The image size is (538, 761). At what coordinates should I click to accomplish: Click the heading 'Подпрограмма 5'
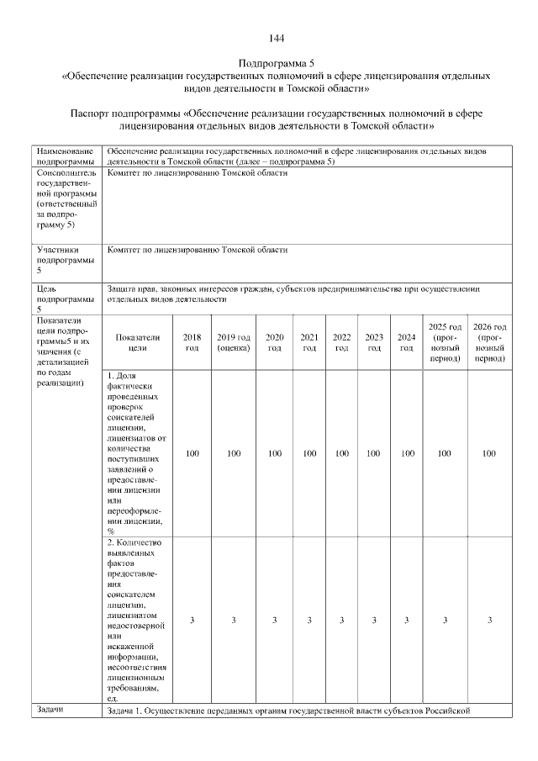point(277,63)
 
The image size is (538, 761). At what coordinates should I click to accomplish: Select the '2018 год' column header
point(192,341)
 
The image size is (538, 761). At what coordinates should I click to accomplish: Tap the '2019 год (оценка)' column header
point(234,341)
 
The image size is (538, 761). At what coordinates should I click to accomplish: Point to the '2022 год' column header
point(341,341)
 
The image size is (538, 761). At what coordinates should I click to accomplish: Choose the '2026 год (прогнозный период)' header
point(489,341)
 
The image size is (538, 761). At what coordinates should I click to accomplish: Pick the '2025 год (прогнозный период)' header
point(445,341)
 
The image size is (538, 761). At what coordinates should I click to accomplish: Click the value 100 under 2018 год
point(192,453)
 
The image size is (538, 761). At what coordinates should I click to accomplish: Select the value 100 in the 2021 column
point(309,453)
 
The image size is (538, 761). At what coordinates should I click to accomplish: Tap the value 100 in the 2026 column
point(489,453)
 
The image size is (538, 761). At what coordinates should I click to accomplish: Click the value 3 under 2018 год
point(192,620)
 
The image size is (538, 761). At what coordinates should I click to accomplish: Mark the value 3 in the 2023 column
point(374,620)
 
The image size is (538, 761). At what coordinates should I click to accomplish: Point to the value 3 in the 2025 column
point(445,620)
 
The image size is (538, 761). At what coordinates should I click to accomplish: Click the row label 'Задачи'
point(52,711)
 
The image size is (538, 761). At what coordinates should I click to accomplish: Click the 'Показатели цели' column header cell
point(138,341)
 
